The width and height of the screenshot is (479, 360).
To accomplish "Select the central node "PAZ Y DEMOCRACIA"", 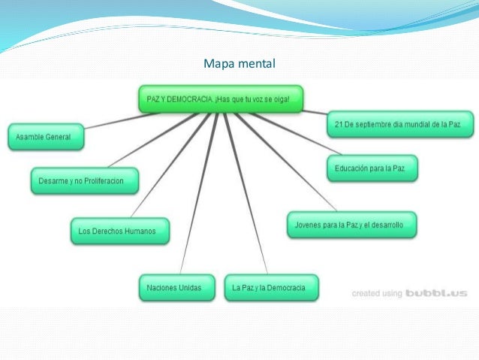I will pyautogui.click(x=223, y=98).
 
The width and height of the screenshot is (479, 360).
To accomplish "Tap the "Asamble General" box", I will pyautogui.click(x=45, y=138).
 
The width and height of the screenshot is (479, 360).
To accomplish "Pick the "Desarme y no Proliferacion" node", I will pyautogui.click(x=84, y=180).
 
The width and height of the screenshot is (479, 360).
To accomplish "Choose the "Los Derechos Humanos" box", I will pyautogui.click(x=119, y=231).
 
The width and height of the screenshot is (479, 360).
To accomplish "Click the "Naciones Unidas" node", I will pyautogui.click(x=175, y=288).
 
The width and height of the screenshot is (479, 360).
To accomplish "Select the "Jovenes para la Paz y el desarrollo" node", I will pyautogui.click(x=351, y=225).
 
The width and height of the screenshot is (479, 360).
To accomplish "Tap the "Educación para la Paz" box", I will pyautogui.click(x=372, y=167).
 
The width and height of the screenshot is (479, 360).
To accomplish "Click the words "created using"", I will pyautogui.click(x=377, y=294).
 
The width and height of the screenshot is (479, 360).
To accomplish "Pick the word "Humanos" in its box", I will pyautogui.click(x=138, y=231).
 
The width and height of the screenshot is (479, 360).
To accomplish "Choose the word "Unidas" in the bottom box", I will pyautogui.click(x=188, y=288).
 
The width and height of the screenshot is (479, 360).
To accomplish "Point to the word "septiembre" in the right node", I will pyautogui.click(x=389, y=122).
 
